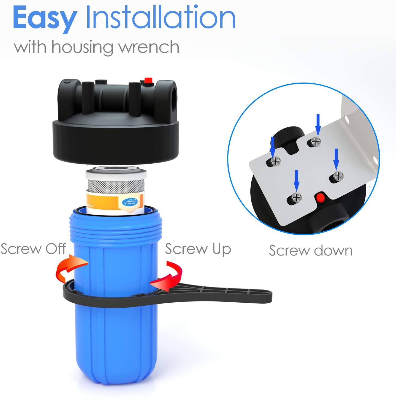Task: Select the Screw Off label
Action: click(33, 249)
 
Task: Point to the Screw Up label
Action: click(198, 249)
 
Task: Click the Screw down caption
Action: click(311, 251)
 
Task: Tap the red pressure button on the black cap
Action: click(148, 81)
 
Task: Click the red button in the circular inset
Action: click(320, 197)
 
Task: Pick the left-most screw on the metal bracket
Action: click(275, 161)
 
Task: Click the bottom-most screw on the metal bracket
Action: click(296, 197)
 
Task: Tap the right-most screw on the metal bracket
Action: click(338, 176)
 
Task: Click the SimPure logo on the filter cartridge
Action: click(130, 202)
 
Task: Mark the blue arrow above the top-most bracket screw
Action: click(318, 124)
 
